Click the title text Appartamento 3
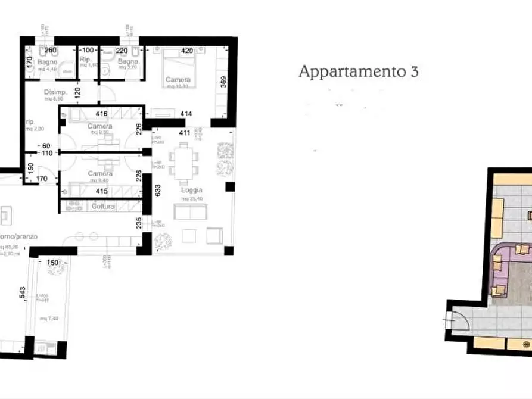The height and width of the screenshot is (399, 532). pyautogui.click(x=358, y=72)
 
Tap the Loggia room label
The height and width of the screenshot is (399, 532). pyautogui.click(x=191, y=191)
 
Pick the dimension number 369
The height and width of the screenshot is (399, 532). pyautogui.click(x=223, y=82)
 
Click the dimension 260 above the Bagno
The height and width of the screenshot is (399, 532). pyautogui.click(x=50, y=51)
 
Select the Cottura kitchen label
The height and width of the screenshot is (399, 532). pyautogui.click(x=102, y=206)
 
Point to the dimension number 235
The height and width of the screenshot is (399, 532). pyautogui.click(x=138, y=223)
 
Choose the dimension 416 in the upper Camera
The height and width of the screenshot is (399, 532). pyautogui.click(x=101, y=114)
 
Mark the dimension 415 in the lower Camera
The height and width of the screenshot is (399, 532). pyautogui.click(x=101, y=192)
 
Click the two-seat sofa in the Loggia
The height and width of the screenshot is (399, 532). pyautogui.click(x=190, y=211)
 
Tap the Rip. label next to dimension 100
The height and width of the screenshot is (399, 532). pyautogui.click(x=84, y=60)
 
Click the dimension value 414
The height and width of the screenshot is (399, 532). pyautogui.click(x=185, y=113)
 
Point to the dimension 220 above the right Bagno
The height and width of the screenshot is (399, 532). pyautogui.click(x=122, y=51)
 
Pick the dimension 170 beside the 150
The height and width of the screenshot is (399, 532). pyautogui.click(x=41, y=177)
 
